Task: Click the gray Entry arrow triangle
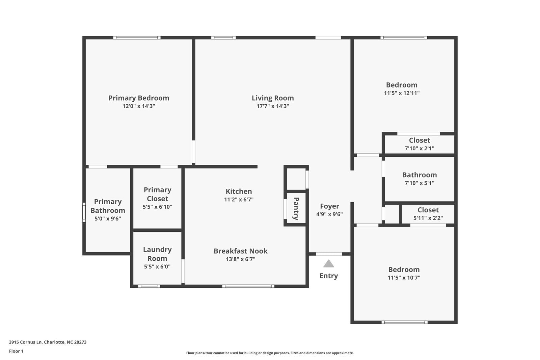(328, 264)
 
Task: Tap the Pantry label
(296, 208)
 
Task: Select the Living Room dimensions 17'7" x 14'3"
(272, 106)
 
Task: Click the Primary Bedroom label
(138, 98)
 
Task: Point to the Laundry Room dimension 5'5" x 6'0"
(157, 266)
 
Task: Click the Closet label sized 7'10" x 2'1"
(419, 140)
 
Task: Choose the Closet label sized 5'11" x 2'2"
(428, 210)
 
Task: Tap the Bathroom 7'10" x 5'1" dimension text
(419, 183)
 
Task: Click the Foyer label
(329, 206)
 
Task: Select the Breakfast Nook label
(240, 251)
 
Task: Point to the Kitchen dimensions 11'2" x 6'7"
(239, 200)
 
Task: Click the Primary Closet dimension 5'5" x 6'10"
(157, 207)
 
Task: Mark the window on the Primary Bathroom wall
(84, 212)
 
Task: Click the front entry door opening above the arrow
(329, 254)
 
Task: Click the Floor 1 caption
(16, 351)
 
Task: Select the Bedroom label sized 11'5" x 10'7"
(404, 269)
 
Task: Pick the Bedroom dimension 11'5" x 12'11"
(402, 93)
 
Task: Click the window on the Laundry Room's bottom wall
(149, 286)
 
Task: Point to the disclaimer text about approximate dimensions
(270, 353)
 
